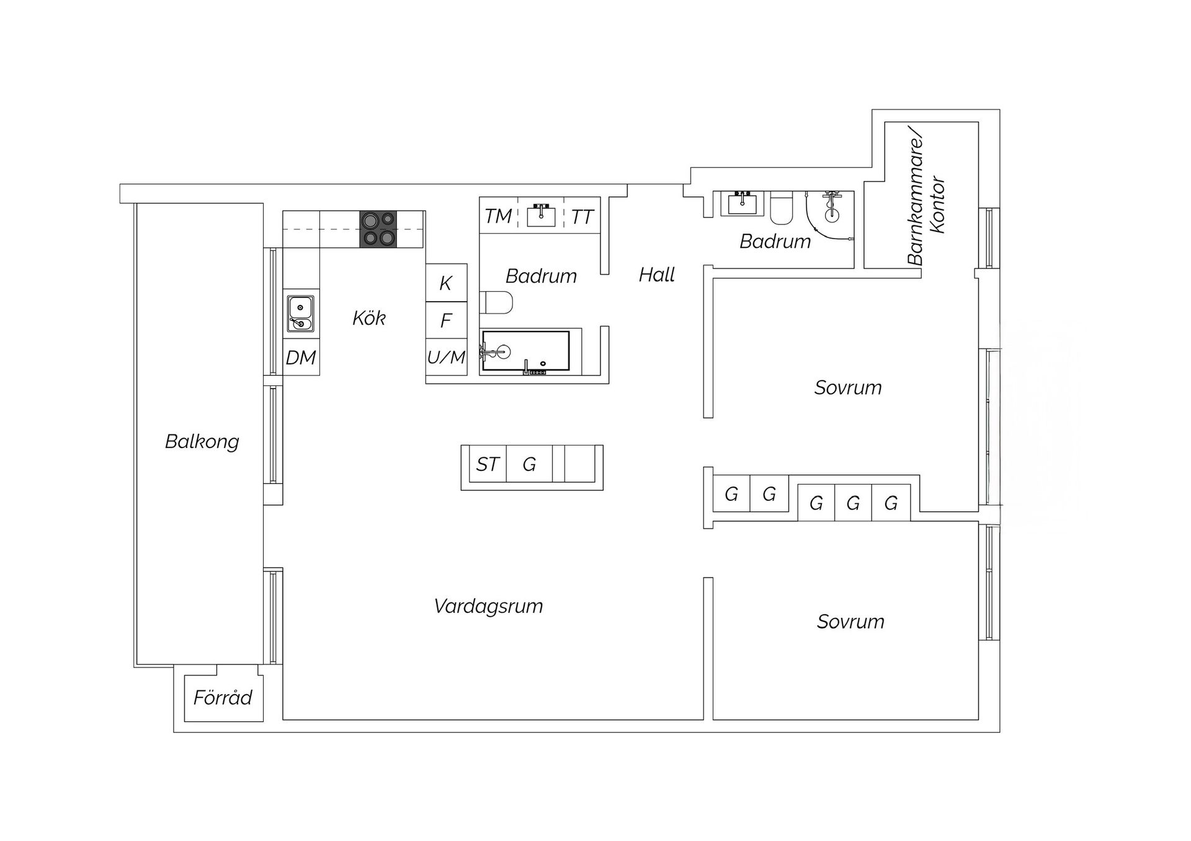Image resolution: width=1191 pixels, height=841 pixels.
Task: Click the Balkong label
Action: click(x=202, y=441)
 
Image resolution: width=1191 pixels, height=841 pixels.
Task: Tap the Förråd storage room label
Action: click(x=223, y=698)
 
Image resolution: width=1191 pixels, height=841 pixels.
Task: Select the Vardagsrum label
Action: click(x=488, y=605)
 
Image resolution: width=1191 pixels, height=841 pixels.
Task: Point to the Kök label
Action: click(x=369, y=318)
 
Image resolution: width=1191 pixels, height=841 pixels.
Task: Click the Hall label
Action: click(x=657, y=275)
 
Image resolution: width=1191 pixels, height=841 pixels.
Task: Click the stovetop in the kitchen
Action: click(x=378, y=229)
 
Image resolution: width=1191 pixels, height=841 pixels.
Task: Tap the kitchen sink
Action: click(x=300, y=314)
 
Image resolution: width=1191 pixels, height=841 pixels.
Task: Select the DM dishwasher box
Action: click(x=301, y=357)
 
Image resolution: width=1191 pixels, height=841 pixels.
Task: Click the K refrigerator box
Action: click(x=446, y=283)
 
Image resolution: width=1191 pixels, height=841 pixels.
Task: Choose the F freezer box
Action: click(x=446, y=320)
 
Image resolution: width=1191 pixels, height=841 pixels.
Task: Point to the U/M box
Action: click(x=446, y=357)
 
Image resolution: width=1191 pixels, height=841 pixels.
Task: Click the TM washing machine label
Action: click(x=498, y=216)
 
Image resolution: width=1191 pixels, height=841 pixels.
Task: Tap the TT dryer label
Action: click(x=582, y=217)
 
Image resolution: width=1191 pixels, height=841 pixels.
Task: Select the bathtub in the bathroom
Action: click(x=525, y=351)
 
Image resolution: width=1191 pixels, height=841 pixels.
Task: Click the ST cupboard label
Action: click(x=488, y=464)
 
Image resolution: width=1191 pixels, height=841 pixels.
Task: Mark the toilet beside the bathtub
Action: click(x=496, y=303)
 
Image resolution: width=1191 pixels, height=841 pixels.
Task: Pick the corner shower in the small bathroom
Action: click(x=830, y=214)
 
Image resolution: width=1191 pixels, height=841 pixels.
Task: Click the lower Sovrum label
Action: click(x=850, y=622)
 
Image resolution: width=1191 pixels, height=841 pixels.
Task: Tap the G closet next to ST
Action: click(x=529, y=464)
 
